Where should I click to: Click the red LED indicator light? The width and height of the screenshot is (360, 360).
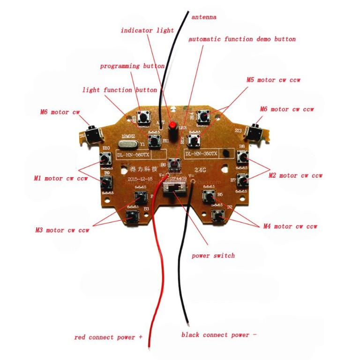pyautogui.click(x=172, y=126)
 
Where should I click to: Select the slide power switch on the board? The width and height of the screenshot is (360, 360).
pyautogui.click(x=174, y=189)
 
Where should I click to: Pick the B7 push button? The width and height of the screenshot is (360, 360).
pyautogui.click(x=242, y=180)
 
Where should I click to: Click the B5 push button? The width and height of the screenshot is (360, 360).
pyautogui.click(x=209, y=195)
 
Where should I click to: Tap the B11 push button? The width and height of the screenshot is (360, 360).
pyautogui.click(x=152, y=140)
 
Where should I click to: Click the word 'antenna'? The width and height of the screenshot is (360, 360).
pyautogui.click(x=204, y=17)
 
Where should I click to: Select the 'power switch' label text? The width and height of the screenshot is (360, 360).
pyautogui.click(x=213, y=255)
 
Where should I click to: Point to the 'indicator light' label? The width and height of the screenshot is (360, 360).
pyautogui.click(x=147, y=30)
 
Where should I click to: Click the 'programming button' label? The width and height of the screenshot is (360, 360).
pyautogui.click(x=132, y=66)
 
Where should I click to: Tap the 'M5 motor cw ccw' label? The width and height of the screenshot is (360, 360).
pyautogui.click(x=273, y=80)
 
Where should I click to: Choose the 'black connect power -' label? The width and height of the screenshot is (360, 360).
pyautogui.click(x=219, y=335)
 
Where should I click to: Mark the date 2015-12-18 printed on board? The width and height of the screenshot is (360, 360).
pyautogui.click(x=139, y=180)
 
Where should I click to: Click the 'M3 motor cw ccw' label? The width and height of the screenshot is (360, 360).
pyautogui.click(x=62, y=230)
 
